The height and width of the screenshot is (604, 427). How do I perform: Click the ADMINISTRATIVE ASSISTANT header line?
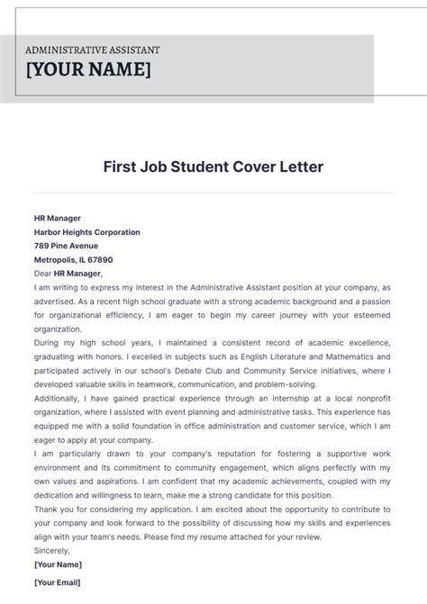point(93,50)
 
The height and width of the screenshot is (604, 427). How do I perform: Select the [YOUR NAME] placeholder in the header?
point(88,70)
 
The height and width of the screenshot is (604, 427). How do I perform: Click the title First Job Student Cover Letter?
point(213,167)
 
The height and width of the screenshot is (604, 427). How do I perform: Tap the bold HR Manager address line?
point(58,218)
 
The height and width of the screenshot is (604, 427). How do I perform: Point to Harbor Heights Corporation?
point(86,232)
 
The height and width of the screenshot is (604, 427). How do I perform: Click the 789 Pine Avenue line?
point(67,246)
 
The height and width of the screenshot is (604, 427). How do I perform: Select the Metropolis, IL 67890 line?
point(73,259)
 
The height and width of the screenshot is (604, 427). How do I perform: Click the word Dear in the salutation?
point(42,273)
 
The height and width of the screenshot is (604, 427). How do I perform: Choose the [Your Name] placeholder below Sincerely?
point(58,564)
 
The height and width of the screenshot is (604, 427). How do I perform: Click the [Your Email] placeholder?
point(58,583)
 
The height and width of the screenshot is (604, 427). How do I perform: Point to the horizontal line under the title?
point(213,192)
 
